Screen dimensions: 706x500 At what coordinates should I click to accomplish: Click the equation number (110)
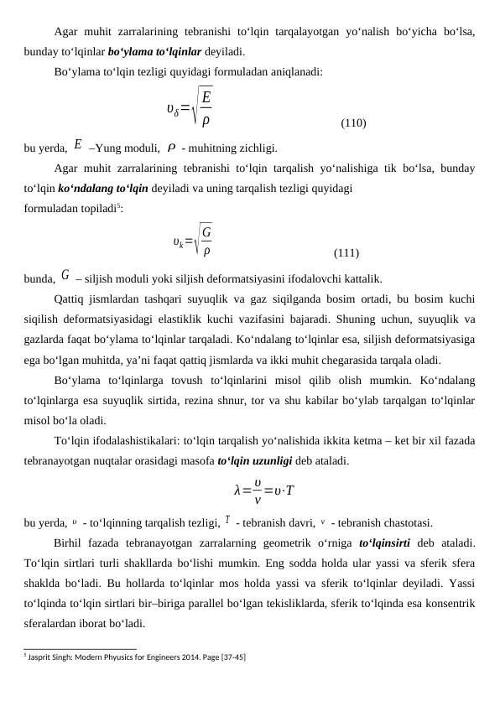coord(352,123)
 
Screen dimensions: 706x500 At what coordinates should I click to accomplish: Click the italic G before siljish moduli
coord(65,273)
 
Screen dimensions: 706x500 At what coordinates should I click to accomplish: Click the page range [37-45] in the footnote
coord(232,656)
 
